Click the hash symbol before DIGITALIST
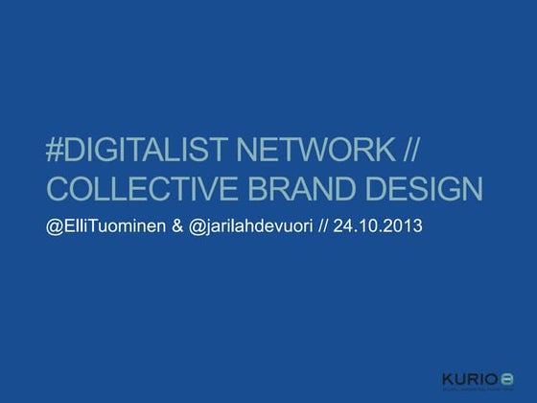click(x=55, y=151)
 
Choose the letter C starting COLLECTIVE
click(x=58, y=189)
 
